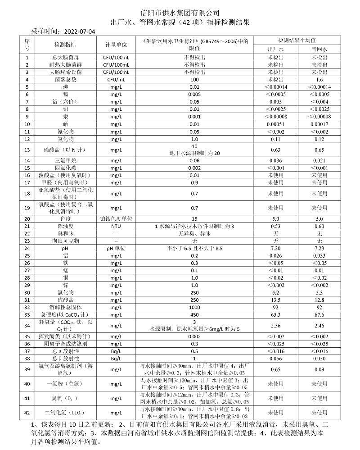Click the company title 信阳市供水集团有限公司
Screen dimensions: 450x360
click(180, 12)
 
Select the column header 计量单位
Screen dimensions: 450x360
click(116, 45)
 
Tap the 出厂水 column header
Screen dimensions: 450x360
click(275, 49)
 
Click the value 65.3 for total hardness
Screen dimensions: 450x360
click(275, 314)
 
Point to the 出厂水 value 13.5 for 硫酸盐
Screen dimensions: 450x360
click(275, 300)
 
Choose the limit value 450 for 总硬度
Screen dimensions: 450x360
click(194, 314)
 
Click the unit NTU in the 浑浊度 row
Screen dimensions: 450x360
click(116, 226)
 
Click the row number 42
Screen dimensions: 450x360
click(27, 413)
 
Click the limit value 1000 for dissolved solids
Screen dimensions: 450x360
click(194, 307)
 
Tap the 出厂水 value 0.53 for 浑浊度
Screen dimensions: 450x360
click(275, 226)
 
